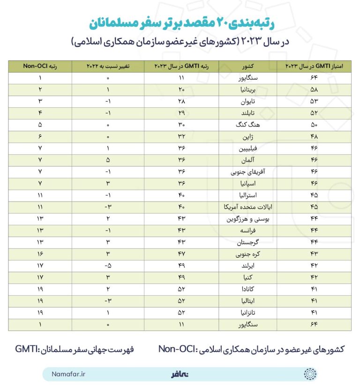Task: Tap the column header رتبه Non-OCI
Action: (x=40, y=67)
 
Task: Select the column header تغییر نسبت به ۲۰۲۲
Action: (x=108, y=67)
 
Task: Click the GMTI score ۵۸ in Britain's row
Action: (x=314, y=90)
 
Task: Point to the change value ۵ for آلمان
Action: (x=108, y=160)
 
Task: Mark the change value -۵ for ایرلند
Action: (x=108, y=266)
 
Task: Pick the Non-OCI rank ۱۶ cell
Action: (x=40, y=254)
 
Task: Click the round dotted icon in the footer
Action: (x=310, y=374)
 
